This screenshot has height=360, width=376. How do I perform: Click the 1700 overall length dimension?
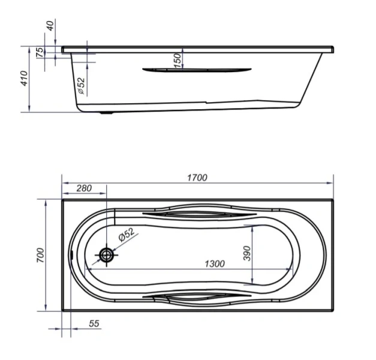point(197,178)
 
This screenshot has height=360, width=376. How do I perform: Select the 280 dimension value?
point(84,188)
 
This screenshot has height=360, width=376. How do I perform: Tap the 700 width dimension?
point(41,255)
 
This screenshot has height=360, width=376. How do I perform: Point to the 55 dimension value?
point(94,323)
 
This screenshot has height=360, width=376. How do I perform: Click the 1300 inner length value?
point(215,264)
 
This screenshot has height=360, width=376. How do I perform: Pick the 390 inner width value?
point(247,253)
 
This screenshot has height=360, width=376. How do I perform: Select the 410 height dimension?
point(24,78)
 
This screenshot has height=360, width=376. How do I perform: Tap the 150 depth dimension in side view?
point(178,61)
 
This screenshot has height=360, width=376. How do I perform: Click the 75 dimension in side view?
point(40,52)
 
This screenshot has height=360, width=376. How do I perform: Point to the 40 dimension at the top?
point(50,26)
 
